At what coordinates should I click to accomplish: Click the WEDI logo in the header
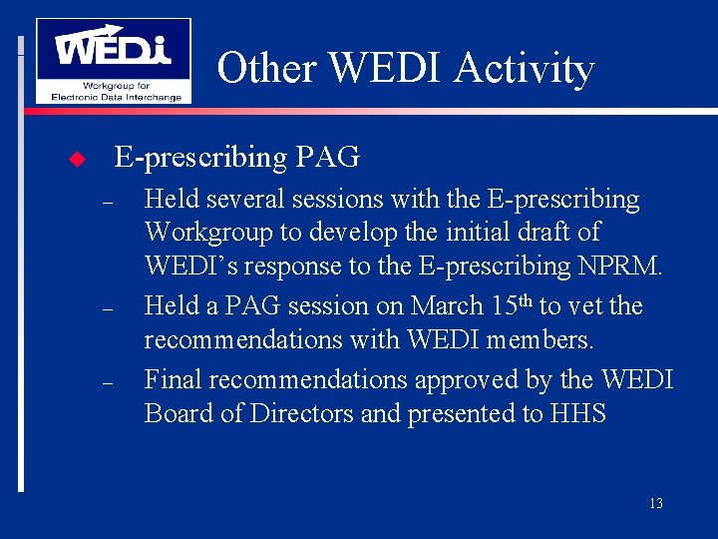(113, 60)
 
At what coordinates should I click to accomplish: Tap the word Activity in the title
(524, 69)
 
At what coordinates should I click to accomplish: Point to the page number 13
(655, 503)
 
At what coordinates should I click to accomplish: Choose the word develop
(353, 233)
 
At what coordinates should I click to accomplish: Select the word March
(443, 305)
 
